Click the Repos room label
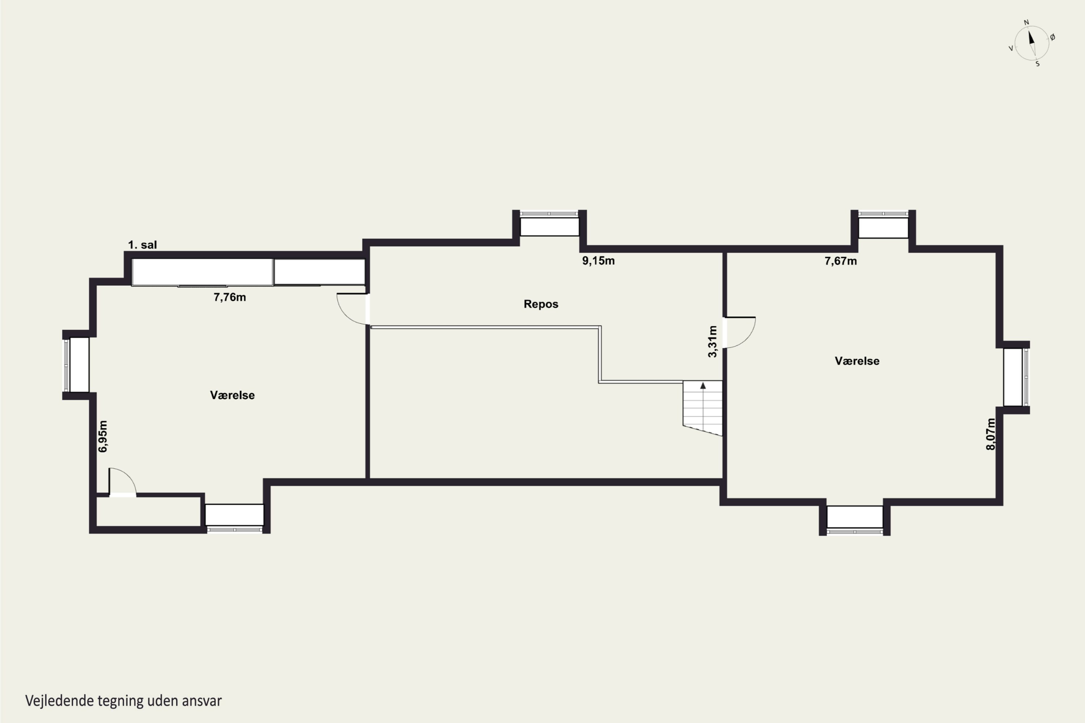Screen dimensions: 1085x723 pyautogui.click(x=541, y=304)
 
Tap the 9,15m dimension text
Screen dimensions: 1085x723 pyautogui.click(x=598, y=261)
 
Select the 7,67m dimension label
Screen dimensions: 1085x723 pyautogui.click(x=841, y=261)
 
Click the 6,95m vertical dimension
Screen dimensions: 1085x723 pyautogui.click(x=103, y=436)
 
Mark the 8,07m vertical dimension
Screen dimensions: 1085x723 pyautogui.click(x=991, y=434)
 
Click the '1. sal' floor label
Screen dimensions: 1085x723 pyautogui.click(x=142, y=245)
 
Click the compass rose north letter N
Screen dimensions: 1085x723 pyautogui.click(x=1026, y=22)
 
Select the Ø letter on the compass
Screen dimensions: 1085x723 pyautogui.click(x=1053, y=37)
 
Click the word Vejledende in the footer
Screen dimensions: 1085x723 pyautogui.click(x=59, y=701)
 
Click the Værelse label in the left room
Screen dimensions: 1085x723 pyautogui.click(x=232, y=395)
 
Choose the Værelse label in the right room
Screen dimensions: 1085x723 pyautogui.click(x=857, y=361)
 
